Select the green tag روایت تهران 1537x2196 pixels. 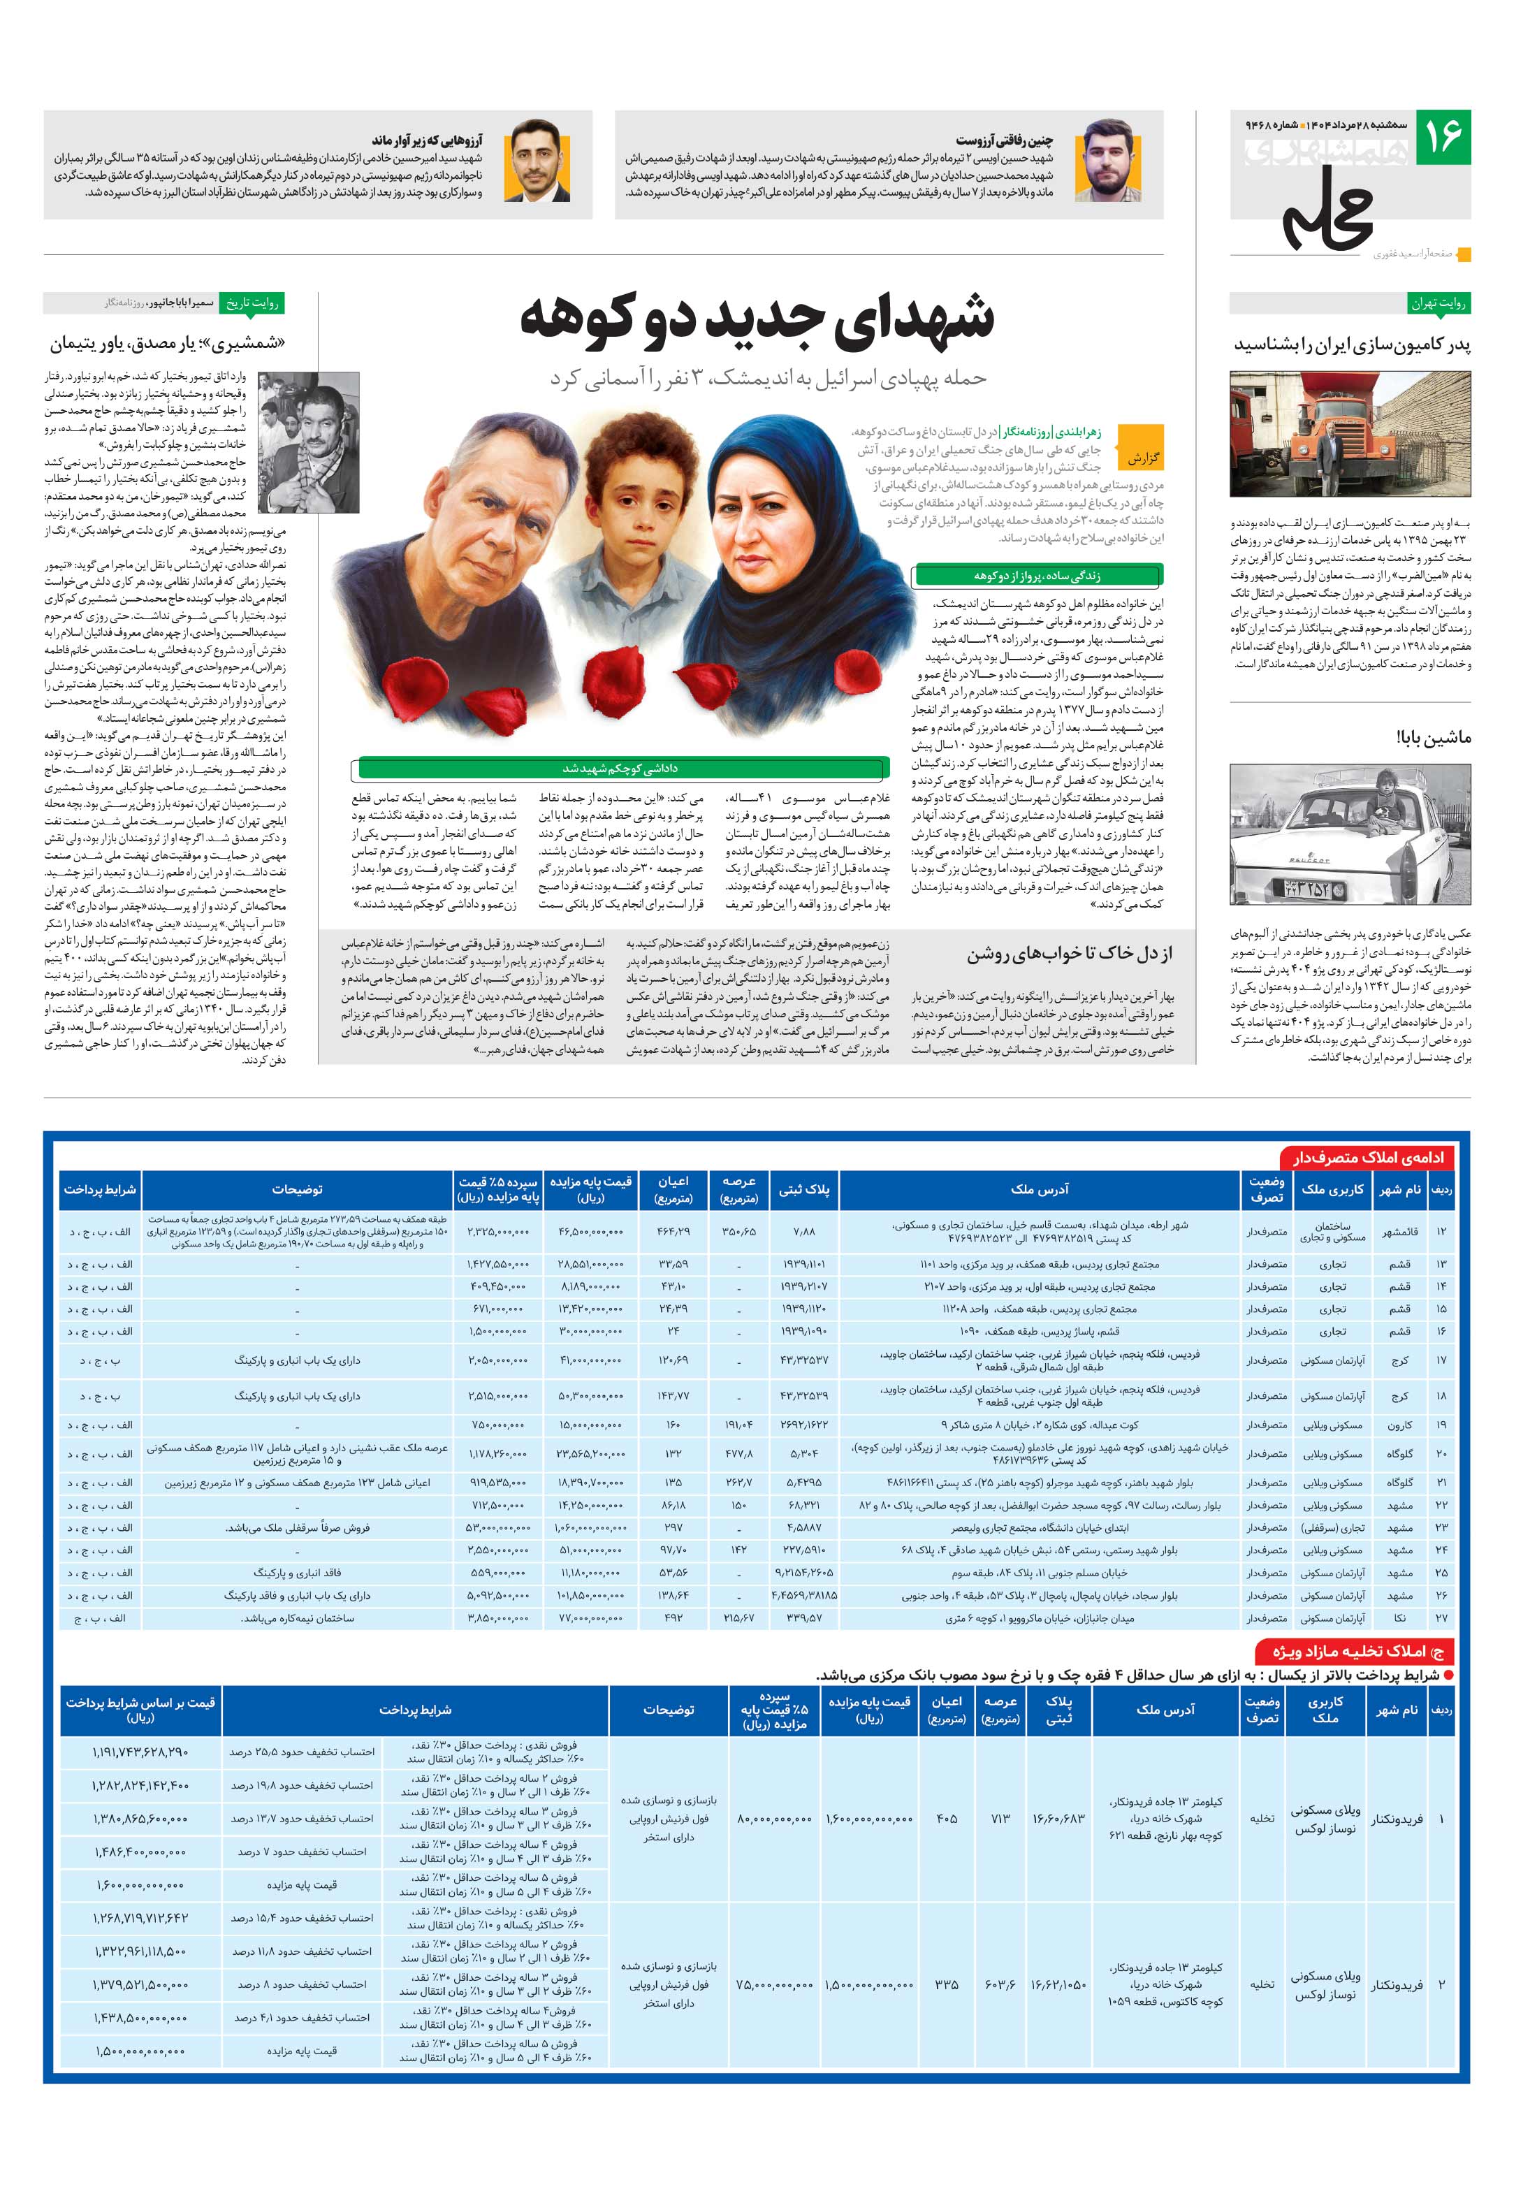(1438, 303)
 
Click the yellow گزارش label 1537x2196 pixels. (1142, 458)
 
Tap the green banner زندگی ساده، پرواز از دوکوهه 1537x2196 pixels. (1037, 576)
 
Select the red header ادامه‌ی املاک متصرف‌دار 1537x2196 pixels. (1369, 1156)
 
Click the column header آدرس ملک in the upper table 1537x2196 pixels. (1039, 1189)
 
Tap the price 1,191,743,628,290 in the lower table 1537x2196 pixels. (140, 1752)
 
